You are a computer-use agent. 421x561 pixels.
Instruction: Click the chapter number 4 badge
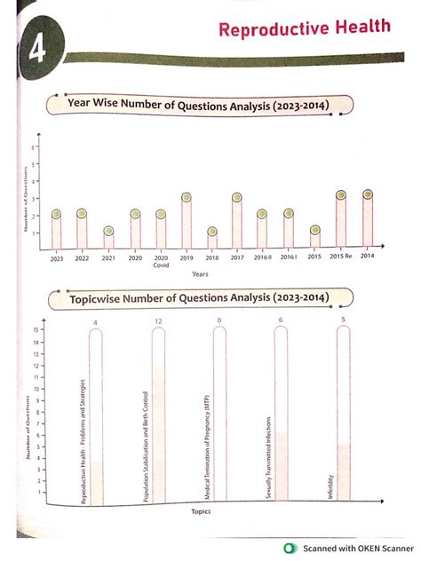click(36, 51)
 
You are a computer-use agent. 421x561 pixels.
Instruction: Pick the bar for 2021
click(108, 238)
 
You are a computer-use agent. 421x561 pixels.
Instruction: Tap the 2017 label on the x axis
click(237, 257)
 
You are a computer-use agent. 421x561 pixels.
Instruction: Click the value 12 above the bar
click(158, 320)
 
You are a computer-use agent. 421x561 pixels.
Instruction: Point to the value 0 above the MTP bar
click(218, 320)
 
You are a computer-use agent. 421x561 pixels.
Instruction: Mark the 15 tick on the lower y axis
click(34, 330)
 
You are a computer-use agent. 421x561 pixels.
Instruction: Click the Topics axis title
click(200, 511)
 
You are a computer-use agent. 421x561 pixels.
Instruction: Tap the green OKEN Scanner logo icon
click(289, 548)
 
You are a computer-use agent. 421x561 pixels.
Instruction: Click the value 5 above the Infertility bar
click(343, 320)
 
